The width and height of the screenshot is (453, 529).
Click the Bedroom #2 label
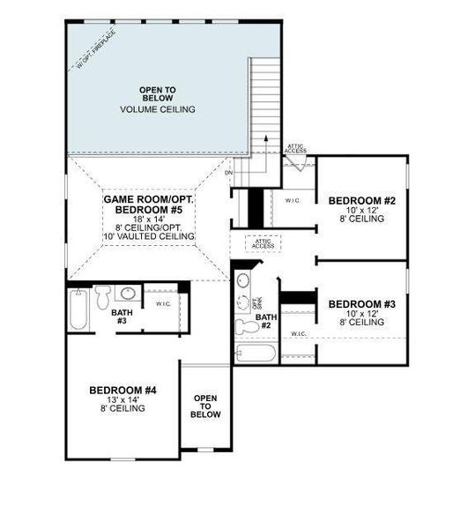click(x=362, y=202)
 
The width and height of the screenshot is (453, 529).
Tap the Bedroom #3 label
click(x=362, y=305)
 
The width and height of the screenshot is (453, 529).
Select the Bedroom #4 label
click(x=123, y=390)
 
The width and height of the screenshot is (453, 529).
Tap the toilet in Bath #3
click(x=103, y=293)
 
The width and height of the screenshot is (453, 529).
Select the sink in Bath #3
click(x=129, y=294)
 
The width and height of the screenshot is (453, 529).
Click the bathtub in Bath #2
click(x=256, y=354)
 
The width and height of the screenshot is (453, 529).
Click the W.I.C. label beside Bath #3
click(x=163, y=305)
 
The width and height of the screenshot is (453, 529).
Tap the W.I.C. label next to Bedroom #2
click(x=294, y=200)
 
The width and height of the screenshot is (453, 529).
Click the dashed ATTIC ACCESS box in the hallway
click(x=264, y=243)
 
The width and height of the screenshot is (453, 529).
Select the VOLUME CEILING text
click(x=158, y=109)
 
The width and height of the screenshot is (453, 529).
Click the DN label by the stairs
click(x=228, y=173)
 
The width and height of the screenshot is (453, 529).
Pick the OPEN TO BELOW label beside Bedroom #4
click(x=205, y=406)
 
